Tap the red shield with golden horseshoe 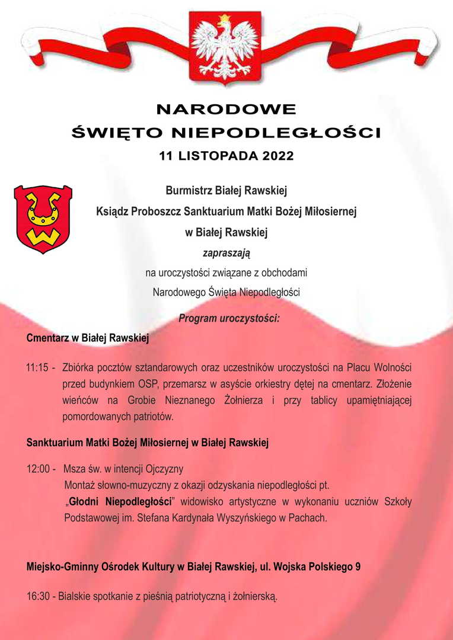[43, 219]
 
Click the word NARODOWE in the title [226, 110]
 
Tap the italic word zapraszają [226, 253]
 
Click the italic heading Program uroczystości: [229, 318]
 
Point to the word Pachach [308, 518]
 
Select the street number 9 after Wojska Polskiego [358, 566]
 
